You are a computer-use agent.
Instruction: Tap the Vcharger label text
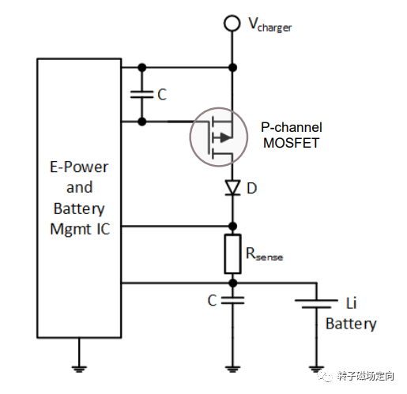tap(270, 24)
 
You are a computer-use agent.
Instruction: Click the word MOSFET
tap(291, 143)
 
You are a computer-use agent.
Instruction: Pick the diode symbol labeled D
tap(232, 187)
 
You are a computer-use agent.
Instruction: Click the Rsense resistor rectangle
tap(232, 254)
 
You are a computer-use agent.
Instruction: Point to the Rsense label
tap(264, 253)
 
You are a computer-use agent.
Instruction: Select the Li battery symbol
tap(316, 303)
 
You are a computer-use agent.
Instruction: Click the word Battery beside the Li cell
tap(351, 324)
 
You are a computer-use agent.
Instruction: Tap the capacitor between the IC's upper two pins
tap(141, 95)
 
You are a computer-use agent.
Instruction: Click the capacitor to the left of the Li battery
tap(232, 300)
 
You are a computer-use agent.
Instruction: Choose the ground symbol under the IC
tap(79, 369)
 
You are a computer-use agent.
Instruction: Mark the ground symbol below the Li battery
tap(316, 369)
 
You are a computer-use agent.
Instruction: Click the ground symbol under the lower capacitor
tap(232, 369)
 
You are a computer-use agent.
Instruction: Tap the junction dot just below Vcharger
tap(232, 68)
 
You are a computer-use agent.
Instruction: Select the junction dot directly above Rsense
tap(232, 226)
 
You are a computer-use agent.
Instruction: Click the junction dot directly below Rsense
tap(232, 283)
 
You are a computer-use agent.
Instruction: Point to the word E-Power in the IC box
tap(79, 167)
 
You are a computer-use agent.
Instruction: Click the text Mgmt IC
tap(80, 229)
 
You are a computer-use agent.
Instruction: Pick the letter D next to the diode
tap(252, 188)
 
